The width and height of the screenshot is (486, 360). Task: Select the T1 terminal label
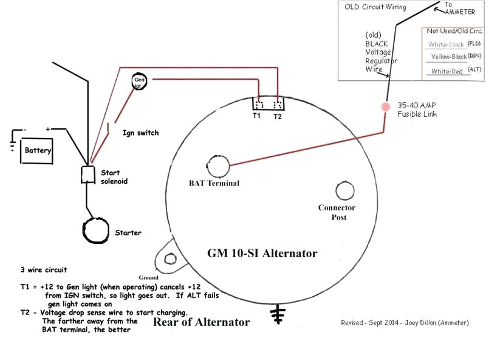(x=257, y=115)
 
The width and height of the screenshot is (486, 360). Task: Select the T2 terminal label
(x=278, y=115)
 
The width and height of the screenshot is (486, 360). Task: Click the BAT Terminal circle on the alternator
(x=217, y=165)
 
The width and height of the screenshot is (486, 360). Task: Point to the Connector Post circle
(x=344, y=192)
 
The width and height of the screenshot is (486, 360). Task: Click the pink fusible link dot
(x=385, y=106)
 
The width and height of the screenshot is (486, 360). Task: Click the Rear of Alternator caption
(x=201, y=322)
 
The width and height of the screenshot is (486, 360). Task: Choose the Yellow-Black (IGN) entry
(x=456, y=57)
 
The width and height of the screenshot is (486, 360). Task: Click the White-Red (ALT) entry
(x=454, y=71)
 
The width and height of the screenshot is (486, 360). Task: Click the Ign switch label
(x=140, y=132)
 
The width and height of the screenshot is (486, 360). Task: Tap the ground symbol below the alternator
(x=278, y=314)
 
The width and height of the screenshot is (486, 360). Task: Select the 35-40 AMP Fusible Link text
(x=417, y=109)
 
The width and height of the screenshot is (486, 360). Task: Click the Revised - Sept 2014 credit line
(x=405, y=323)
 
